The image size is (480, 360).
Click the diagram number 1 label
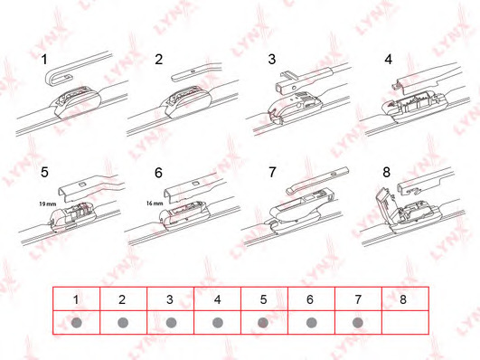tap(44, 60)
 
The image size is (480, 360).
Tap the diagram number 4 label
tap(388, 59)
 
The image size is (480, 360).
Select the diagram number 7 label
tap(272, 172)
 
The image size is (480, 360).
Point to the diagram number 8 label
tap(386, 172)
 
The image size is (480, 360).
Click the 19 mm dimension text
tap(47, 204)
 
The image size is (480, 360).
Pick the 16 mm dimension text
tap(155, 204)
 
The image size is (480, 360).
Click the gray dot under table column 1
tap(76, 323)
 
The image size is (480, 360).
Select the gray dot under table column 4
tap(217, 323)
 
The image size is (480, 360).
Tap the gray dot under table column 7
tap(358, 323)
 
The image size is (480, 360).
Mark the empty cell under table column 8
tap(405, 322)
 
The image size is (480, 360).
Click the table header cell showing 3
tap(170, 299)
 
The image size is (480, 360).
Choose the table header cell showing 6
tap(311, 299)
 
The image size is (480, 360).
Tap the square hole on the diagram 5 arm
tap(82, 185)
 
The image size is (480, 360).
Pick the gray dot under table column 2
tap(123, 323)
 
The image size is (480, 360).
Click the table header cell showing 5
tap(264, 299)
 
